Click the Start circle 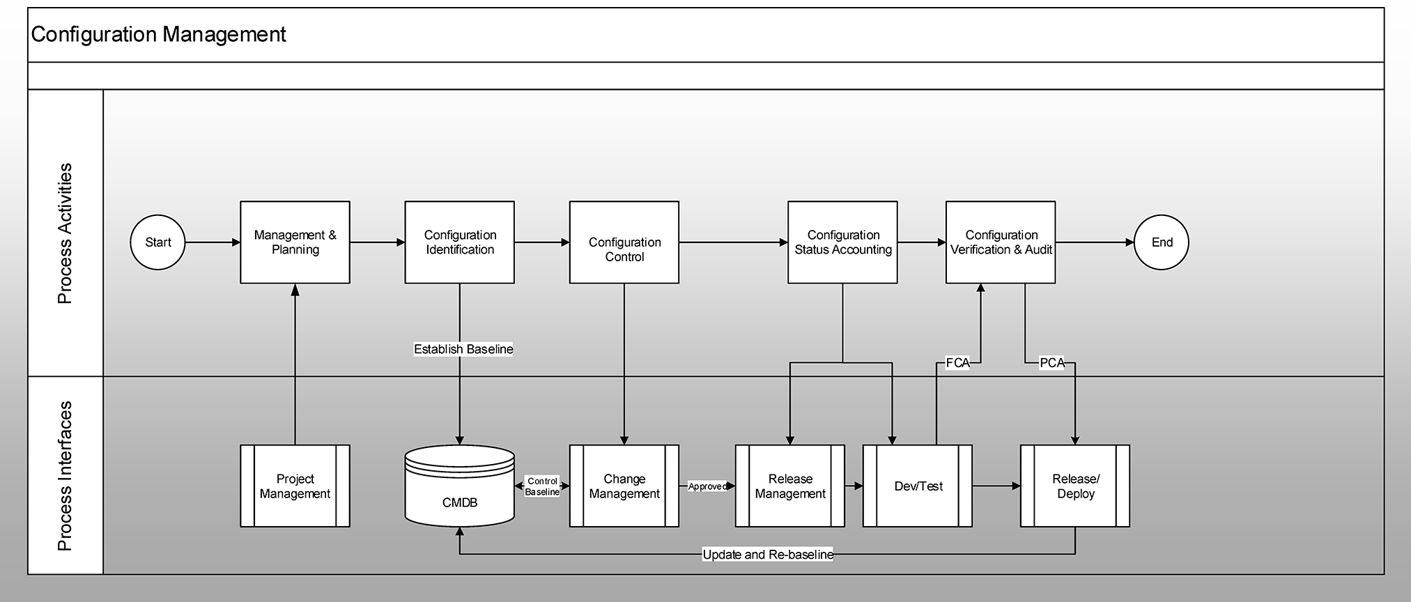pyautogui.click(x=157, y=242)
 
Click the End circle pyautogui.click(x=1162, y=242)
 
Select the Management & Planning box pyautogui.click(x=295, y=242)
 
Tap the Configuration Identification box pyautogui.click(x=460, y=242)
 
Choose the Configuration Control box pyautogui.click(x=624, y=242)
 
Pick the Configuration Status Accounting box pyautogui.click(x=842, y=242)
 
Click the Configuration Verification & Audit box pyautogui.click(x=1001, y=242)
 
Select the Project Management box pyautogui.click(x=295, y=486)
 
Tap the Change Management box pyautogui.click(x=624, y=486)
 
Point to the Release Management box pyautogui.click(x=790, y=486)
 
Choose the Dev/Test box pyautogui.click(x=918, y=486)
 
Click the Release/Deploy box pyautogui.click(x=1075, y=486)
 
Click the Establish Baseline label pyautogui.click(x=463, y=349)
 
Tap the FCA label pyautogui.click(x=957, y=363)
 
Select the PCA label pyautogui.click(x=1052, y=363)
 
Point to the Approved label pyautogui.click(x=707, y=486)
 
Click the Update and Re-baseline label pyautogui.click(x=768, y=555)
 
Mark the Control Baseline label pyautogui.click(x=542, y=486)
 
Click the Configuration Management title pyautogui.click(x=159, y=35)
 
